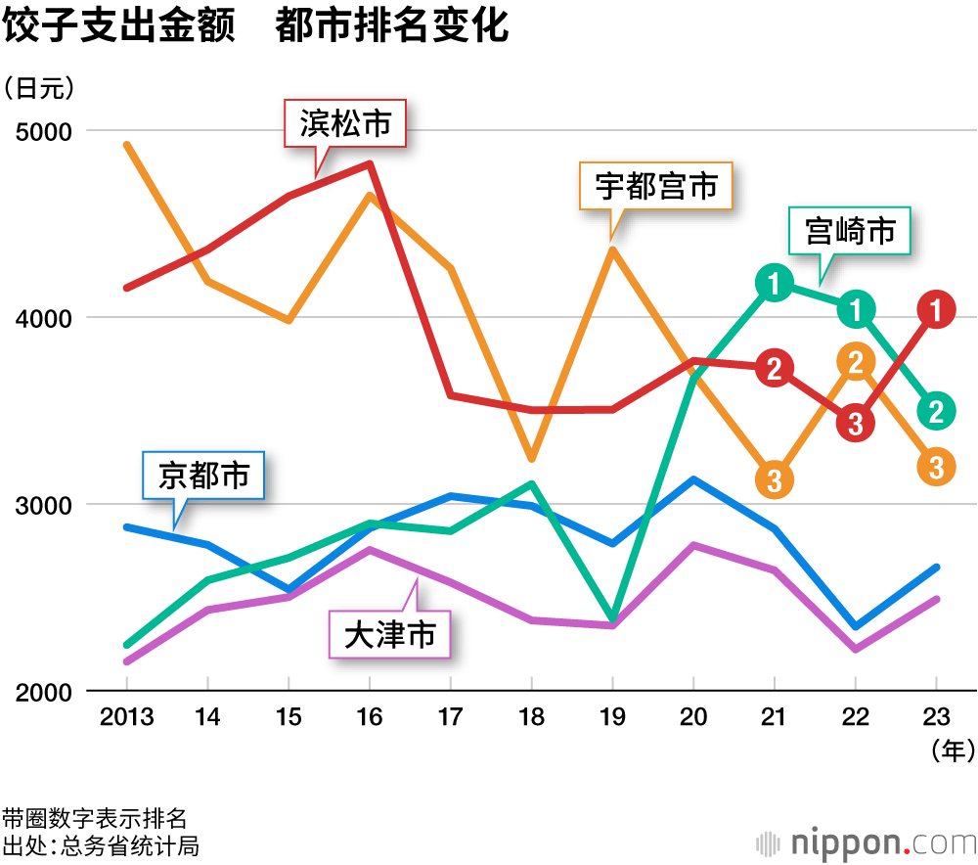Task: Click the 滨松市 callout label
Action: (345, 124)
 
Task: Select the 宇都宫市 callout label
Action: (656, 186)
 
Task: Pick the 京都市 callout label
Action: (203, 476)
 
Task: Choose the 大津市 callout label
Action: (389, 635)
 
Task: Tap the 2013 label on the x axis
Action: (127, 718)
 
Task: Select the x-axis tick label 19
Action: (611, 718)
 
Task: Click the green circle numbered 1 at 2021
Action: (774, 284)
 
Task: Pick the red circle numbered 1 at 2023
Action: (936, 310)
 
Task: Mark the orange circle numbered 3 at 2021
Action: (774, 478)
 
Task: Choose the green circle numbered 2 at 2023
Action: (936, 411)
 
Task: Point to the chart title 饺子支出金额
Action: (119, 26)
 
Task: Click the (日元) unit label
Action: (39, 88)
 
